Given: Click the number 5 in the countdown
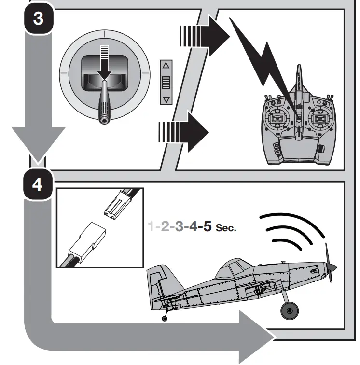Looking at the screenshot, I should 207,226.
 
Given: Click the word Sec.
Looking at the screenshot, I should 227,227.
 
